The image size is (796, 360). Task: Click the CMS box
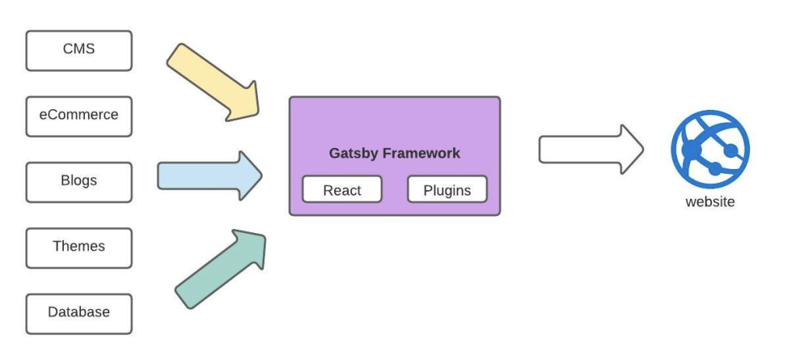tap(79, 50)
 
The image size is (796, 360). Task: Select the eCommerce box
tap(79, 115)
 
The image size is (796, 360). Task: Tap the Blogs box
tap(79, 181)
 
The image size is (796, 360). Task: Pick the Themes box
tap(79, 247)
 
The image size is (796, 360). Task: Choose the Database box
tap(79, 312)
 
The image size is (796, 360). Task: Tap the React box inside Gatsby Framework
tap(342, 189)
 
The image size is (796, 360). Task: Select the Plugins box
tap(447, 189)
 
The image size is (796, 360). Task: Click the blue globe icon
tap(710, 149)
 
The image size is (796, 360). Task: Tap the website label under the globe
tap(710, 202)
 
